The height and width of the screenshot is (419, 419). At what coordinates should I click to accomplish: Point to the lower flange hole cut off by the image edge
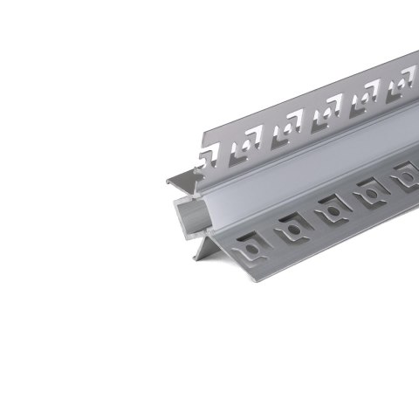click(407, 175)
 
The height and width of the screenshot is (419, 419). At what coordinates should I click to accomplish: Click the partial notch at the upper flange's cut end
click(209, 158)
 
